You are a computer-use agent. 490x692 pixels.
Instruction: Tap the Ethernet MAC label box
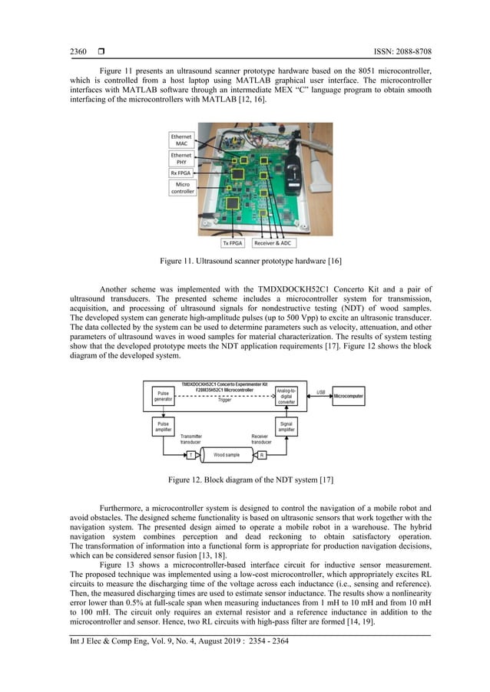point(182,140)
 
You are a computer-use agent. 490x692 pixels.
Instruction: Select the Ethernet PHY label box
point(182,159)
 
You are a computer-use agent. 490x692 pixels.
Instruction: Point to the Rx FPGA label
point(182,173)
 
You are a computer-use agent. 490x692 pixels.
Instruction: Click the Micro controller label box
point(182,188)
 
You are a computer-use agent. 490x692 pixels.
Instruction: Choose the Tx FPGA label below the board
point(231,243)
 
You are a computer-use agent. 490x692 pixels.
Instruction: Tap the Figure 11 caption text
point(244,262)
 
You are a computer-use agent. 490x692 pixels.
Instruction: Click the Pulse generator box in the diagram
point(164,396)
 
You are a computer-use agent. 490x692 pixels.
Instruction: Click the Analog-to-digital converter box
point(286,397)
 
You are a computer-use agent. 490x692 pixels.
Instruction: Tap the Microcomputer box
point(348,396)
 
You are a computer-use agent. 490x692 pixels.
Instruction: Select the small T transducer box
point(190,455)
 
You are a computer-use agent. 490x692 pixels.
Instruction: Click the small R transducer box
point(261,455)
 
